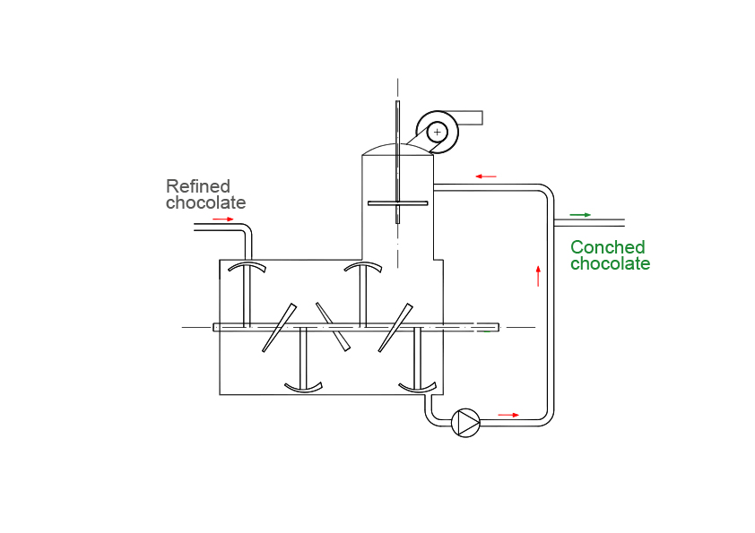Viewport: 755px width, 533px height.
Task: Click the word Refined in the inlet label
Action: [x=197, y=186]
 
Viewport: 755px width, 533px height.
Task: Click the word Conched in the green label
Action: [x=607, y=247]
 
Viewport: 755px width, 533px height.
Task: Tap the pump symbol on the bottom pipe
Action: [x=466, y=421]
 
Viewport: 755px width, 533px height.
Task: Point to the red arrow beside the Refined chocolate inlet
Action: [x=223, y=219]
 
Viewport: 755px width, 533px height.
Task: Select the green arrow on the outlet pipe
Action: [x=581, y=215]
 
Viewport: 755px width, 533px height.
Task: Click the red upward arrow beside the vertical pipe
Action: [x=538, y=275]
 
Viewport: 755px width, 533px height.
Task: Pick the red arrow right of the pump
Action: [x=508, y=415]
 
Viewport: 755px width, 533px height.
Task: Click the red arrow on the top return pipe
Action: [x=486, y=176]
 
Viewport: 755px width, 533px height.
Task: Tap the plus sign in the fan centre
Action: [x=437, y=133]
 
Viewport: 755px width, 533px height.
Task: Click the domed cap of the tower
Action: [x=397, y=148]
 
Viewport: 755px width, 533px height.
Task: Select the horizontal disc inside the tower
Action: [x=397, y=203]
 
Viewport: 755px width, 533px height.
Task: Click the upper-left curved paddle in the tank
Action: [x=246, y=267]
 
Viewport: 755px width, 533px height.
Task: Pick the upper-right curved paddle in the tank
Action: [x=364, y=267]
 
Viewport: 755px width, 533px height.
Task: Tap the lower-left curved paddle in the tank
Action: [x=303, y=387]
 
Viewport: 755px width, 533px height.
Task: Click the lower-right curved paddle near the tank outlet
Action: [x=417, y=387]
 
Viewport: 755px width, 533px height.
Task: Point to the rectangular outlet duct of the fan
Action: [x=470, y=117]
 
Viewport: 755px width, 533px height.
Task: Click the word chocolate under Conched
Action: [x=610, y=264]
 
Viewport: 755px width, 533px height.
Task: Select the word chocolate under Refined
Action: [x=205, y=203]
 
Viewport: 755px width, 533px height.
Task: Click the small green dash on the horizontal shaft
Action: [x=487, y=331]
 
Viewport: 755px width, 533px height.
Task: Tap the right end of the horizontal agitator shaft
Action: [x=496, y=325]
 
